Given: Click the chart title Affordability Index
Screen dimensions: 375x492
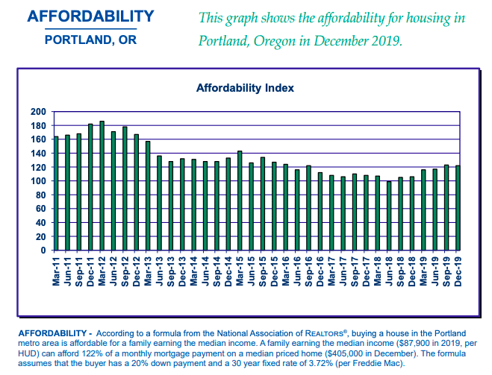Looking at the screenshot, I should click(x=245, y=88).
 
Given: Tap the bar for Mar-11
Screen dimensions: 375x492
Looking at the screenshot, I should click(x=56, y=193).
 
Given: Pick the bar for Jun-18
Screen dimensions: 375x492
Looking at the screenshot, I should click(x=388, y=215).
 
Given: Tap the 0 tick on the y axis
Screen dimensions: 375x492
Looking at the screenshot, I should click(x=43, y=250).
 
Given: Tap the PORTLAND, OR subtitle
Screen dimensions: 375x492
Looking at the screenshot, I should click(x=91, y=40).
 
